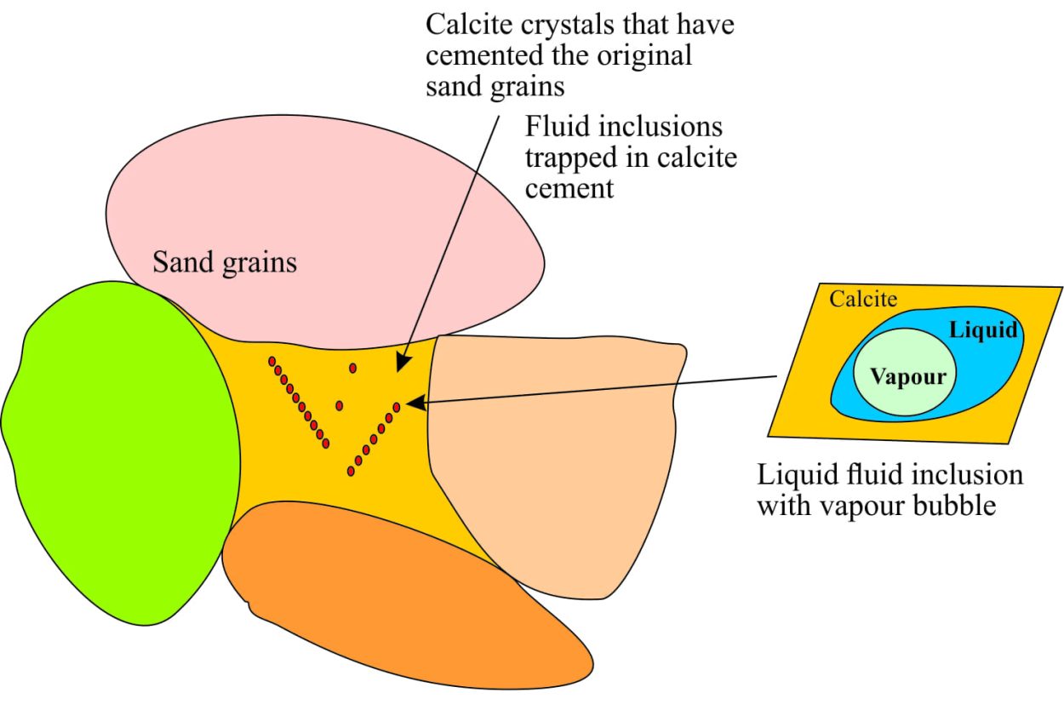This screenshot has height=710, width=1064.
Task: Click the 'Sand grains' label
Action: point(225,262)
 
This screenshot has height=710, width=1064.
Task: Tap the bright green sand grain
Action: point(119,451)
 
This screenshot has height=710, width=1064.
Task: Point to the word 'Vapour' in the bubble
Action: point(908,377)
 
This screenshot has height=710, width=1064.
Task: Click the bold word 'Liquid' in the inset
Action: point(983,329)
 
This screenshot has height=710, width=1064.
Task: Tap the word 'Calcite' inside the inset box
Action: point(863,299)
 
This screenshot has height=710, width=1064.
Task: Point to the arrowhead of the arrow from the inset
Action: point(415,404)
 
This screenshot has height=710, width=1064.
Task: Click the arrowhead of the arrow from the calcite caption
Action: point(402,364)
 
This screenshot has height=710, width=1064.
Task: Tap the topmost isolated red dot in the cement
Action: point(352,368)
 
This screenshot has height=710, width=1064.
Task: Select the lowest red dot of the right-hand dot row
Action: point(351,471)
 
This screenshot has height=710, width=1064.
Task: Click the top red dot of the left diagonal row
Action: point(272,362)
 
